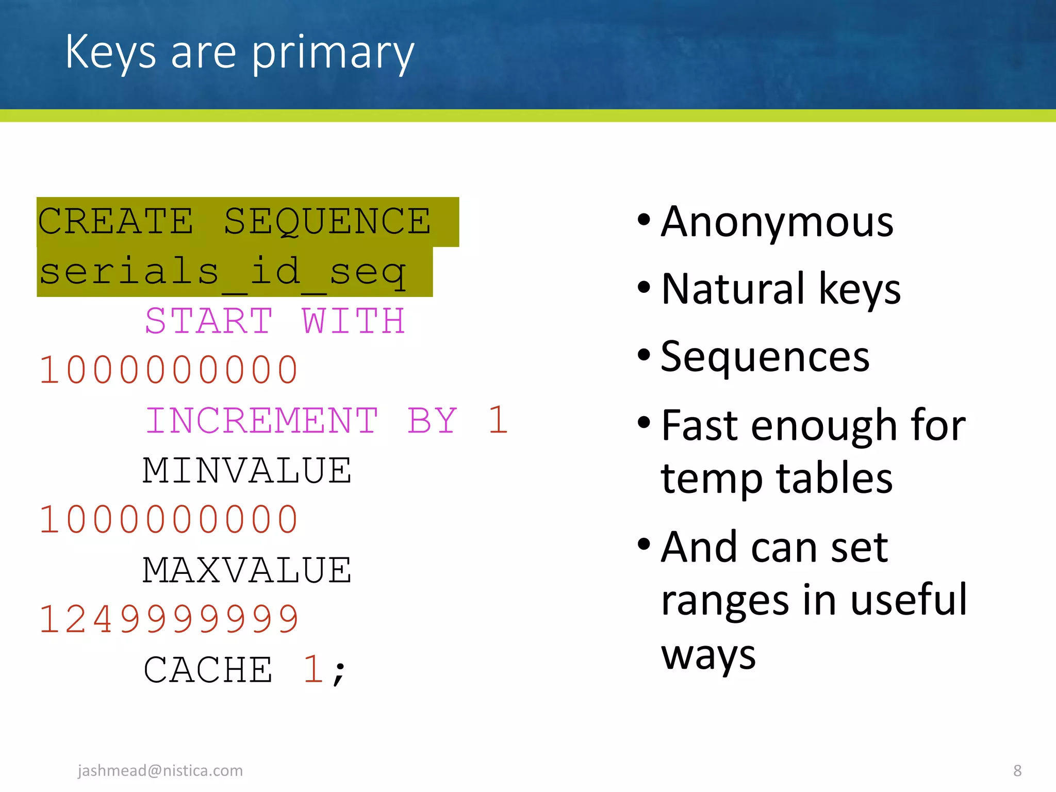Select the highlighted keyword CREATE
pos(115,221)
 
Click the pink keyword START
pos(209,321)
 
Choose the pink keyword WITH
pos(354,321)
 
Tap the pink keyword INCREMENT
pos(262,420)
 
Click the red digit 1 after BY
pos(498,420)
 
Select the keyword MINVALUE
pos(247,470)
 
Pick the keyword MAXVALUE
pos(247,570)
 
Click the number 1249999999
pos(169,619)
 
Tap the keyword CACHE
pos(208,670)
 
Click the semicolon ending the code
pos(339,673)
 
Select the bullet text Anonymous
pos(777,222)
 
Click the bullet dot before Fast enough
pos(644,423)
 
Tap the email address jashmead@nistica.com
pos(160,770)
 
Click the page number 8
pos(1017,770)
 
